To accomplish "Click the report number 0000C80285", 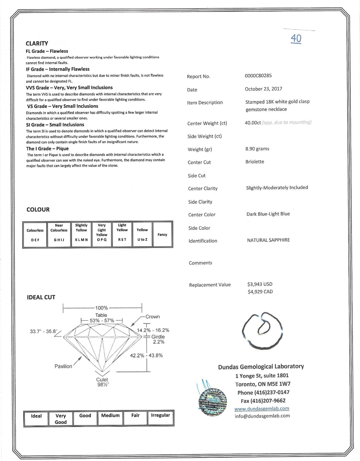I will click(x=258, y=76).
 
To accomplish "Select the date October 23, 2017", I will click(x=263, y=89).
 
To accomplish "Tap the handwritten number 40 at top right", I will click(x=296, y=38).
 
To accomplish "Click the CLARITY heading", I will click(x=37, y=43).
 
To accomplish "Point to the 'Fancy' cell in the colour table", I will click(x=162, y=234).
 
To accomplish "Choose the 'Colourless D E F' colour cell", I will click(x=35, y=235).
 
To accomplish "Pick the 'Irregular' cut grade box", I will click(x=160, y=418).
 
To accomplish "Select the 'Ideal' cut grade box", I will click(x=36, y=418).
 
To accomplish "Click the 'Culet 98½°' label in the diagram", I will click(x=102, y=382).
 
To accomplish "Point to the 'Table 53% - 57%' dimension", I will click(x=102, y=318).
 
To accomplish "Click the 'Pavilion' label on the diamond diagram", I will click(x=63, y=366).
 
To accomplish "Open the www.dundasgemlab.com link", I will click(x=262, y=408).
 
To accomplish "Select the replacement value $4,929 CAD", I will click(x=260, y=292).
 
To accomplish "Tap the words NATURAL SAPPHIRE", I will click(x=268, y=240).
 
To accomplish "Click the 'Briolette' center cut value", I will click(x=255, y=162).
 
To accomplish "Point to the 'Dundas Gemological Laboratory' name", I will click(x=261, y=366).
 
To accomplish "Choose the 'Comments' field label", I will click(x=200, y=263).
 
